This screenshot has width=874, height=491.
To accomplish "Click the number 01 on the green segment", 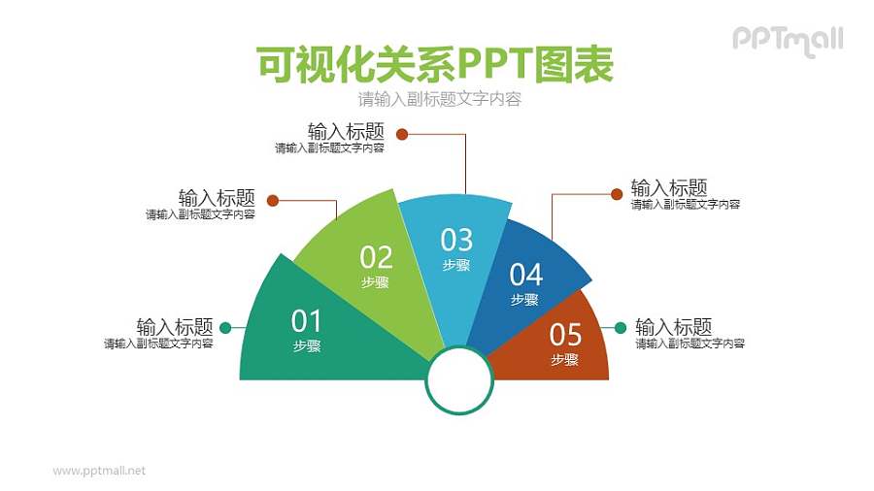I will pos(306,320).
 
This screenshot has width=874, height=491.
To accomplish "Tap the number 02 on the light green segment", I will pos(376,257).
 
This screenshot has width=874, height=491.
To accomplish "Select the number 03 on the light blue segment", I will pos(456,239).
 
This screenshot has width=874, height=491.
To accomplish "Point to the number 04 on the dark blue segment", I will pos(525,275).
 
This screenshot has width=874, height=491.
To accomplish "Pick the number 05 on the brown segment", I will pos(565,335).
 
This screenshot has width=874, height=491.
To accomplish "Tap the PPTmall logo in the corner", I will pos(787,40).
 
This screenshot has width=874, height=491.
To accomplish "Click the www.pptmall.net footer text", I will pos(99,471).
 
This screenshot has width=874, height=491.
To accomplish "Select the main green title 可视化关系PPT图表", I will pos(436,65).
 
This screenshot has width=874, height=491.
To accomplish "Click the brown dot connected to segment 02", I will pos(273,201).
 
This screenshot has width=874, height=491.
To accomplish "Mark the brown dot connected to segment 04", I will pos(616,194).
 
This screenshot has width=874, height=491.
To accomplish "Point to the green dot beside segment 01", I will pos(225,328).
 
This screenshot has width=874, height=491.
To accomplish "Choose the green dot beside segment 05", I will pos(619,328).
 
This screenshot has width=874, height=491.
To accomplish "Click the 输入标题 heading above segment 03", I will pos(346,131).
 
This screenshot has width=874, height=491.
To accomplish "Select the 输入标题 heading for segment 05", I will pos(673,326).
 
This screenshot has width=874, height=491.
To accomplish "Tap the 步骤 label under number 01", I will pos(307,345).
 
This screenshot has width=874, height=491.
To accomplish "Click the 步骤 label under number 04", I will pos(524,300).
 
